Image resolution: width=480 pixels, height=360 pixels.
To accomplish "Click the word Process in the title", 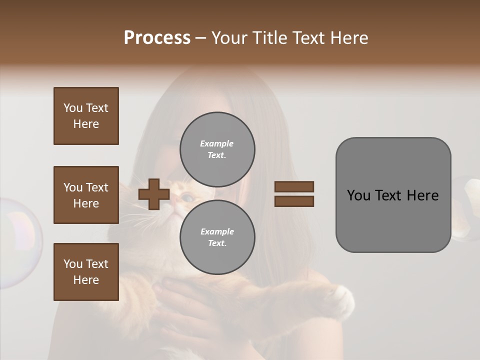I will (157, 38).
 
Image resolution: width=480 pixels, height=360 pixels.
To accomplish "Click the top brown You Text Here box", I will (86, 116).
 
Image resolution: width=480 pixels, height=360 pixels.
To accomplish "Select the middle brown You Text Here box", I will (86, 195).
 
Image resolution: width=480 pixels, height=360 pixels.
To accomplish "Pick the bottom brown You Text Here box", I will (86, 272).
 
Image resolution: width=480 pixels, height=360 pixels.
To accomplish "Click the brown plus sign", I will (154, 194).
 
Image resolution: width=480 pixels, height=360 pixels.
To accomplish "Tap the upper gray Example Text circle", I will (217, 149).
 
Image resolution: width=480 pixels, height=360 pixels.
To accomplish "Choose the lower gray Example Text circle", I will (217, 237).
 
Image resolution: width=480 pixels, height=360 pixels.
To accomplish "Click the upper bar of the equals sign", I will (294, 186).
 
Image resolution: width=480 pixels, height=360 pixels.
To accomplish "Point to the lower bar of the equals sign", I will (294, 201).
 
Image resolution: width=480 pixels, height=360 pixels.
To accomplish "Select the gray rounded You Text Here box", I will (393, 195).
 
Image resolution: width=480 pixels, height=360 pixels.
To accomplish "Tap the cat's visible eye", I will (185, 198).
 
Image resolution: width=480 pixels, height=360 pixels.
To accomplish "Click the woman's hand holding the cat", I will (185, 305).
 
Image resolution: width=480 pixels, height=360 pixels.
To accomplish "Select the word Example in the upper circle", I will (216, 143).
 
